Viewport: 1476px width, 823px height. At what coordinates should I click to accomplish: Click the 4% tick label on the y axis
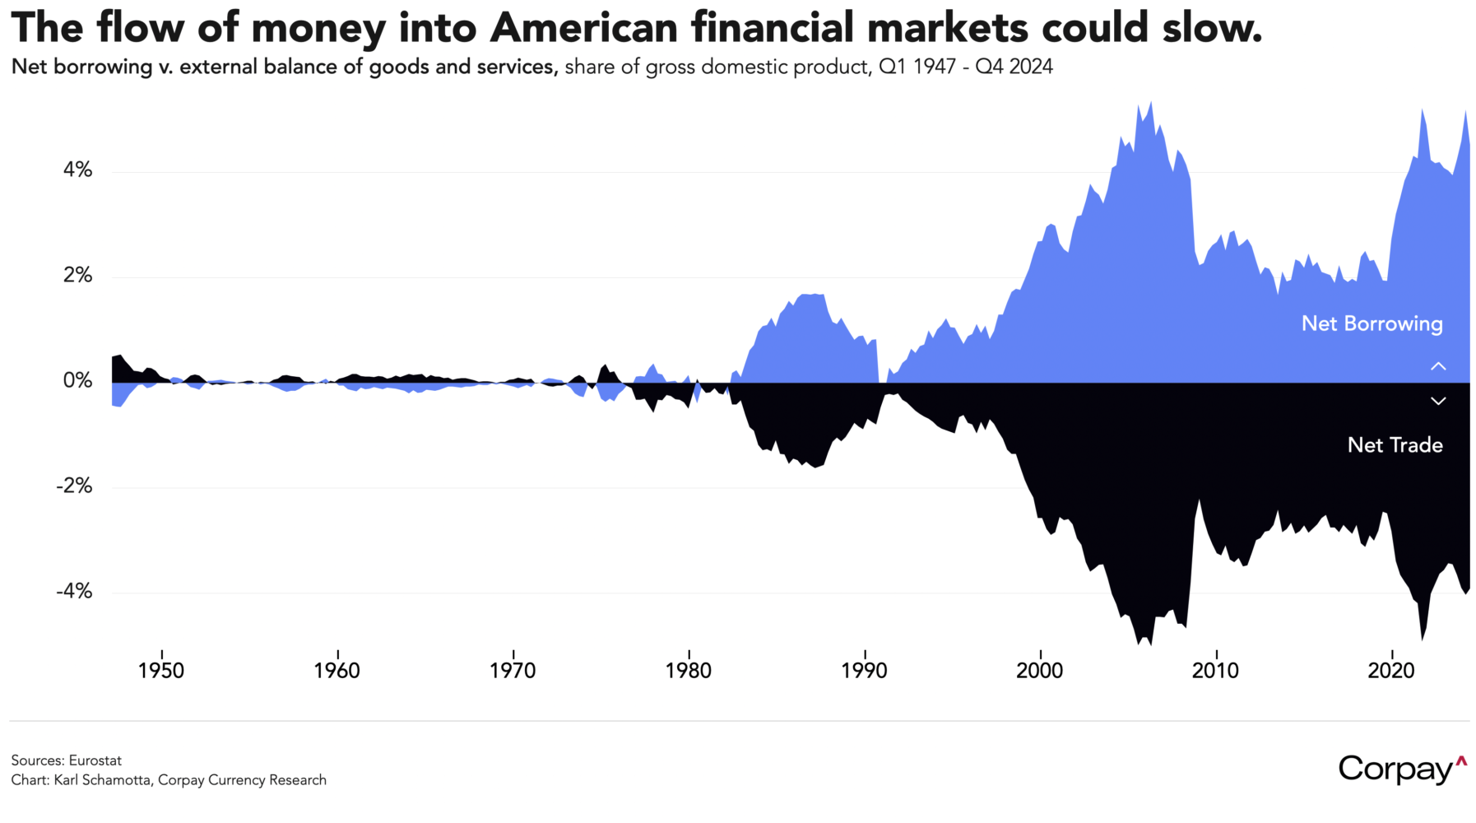pyautogui.click(x=78, y=170)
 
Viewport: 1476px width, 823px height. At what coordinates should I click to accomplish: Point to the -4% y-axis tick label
pyautogui.click(x=74, y=592)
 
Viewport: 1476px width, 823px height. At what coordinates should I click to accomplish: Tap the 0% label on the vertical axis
pyautogui.click(x=78, y=381)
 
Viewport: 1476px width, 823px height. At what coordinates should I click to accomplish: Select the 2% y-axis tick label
pyautogui.click(x=78, y=276)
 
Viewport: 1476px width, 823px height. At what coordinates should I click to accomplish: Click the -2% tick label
pyautogui.click(x=74, y=486)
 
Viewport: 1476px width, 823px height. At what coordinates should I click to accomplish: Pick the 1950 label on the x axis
pyautogui.click(x=161, y=671)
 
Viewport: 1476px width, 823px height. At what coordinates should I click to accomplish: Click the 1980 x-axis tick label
pyautogui.click(x=689, y=671)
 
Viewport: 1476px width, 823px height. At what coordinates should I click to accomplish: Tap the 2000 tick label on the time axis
pyautogui.click(x=1040, y=671)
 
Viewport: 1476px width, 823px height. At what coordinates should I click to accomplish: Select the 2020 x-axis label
pyautogui.click(x=1391, y=671)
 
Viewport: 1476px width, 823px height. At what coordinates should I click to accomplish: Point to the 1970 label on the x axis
pyautogui.click(x=513, y=671)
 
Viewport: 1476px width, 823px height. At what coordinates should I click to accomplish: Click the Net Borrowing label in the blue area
pyautogui.click(x=1372, y=323)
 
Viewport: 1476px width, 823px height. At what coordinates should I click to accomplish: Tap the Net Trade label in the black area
pyautogui.click(x=1395, y=445)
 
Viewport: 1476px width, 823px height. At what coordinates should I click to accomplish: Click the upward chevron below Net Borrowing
pyautogui.click(x=1437, y=366)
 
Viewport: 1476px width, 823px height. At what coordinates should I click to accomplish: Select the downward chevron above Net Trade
pyautogui.click(x=1437, y=401)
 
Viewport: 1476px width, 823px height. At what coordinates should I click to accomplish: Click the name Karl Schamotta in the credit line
pyautogui.click(x=103, y=780)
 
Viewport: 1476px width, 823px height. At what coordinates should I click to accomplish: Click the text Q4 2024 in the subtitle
pyautogui.click(x=1014, y=67)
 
